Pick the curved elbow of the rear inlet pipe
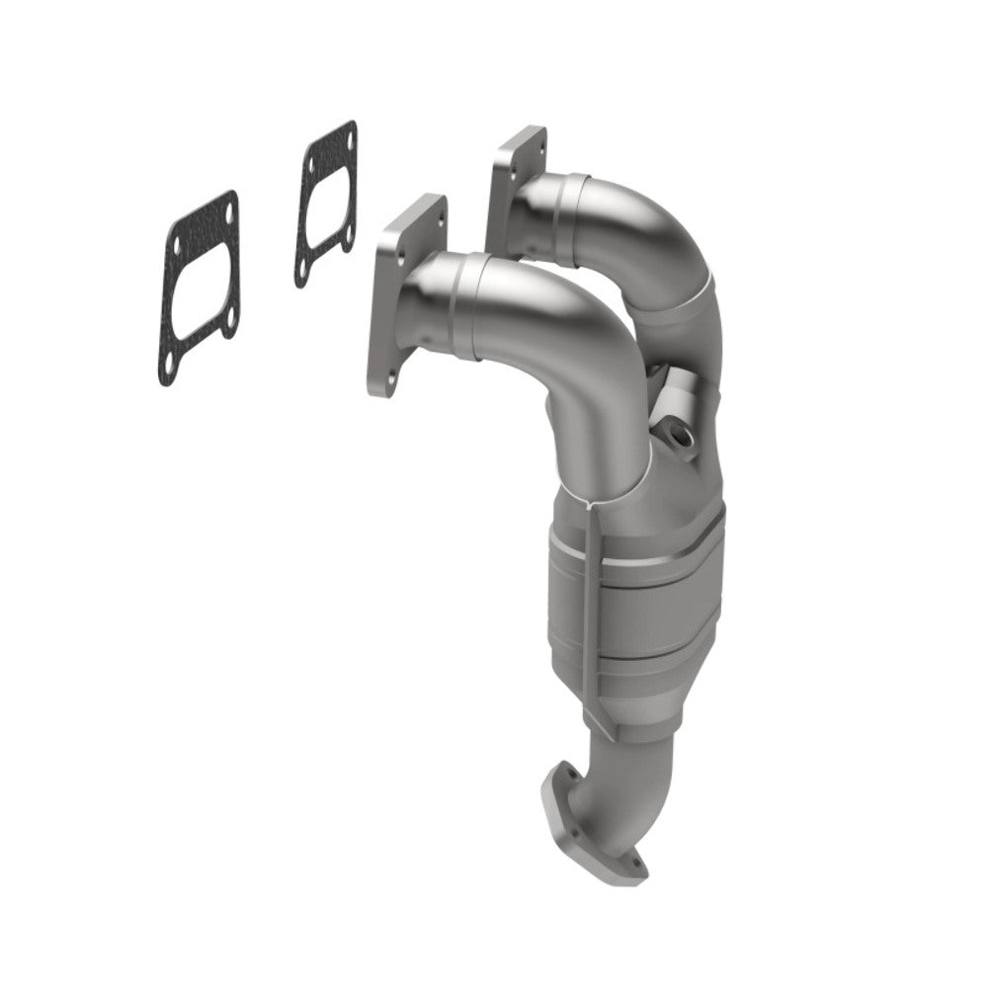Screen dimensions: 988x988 pyautogui.click(x=672, y=227)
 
